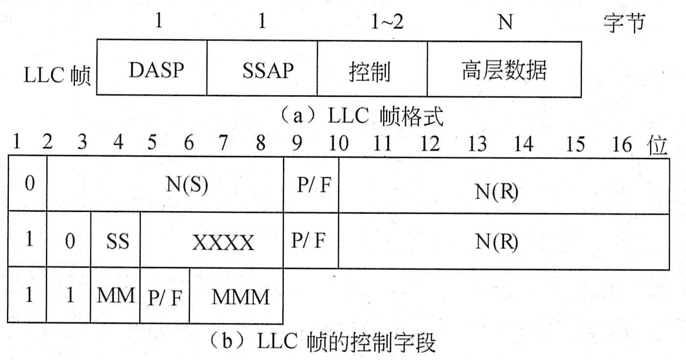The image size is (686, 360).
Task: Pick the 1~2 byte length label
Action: tap(387, 23)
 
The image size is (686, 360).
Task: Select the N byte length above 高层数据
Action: tap(504, 23)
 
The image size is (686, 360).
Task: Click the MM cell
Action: tap(115, 296)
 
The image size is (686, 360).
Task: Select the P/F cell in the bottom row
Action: tap(164, 296)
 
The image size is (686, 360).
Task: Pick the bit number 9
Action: tap(297, 145)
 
